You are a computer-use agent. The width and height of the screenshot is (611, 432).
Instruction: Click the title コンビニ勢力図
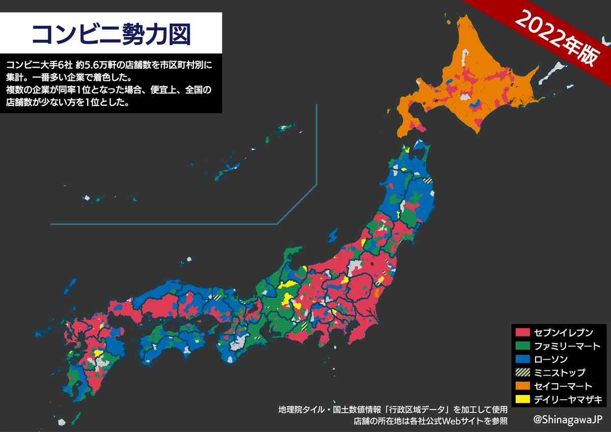point(111,34)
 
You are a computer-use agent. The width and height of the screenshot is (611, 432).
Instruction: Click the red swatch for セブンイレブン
point(523,333)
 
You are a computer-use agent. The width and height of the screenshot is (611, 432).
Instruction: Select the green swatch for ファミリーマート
point(523,346)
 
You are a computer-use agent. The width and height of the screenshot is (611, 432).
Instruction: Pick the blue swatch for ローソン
point(523,359)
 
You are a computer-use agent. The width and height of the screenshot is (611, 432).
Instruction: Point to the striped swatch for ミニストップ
point(523,372)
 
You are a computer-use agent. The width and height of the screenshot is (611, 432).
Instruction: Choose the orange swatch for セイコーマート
point(523,386)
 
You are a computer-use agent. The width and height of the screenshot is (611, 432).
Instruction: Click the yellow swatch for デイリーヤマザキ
point(523,399)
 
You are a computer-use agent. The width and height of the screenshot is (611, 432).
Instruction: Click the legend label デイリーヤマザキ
point(567,399)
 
